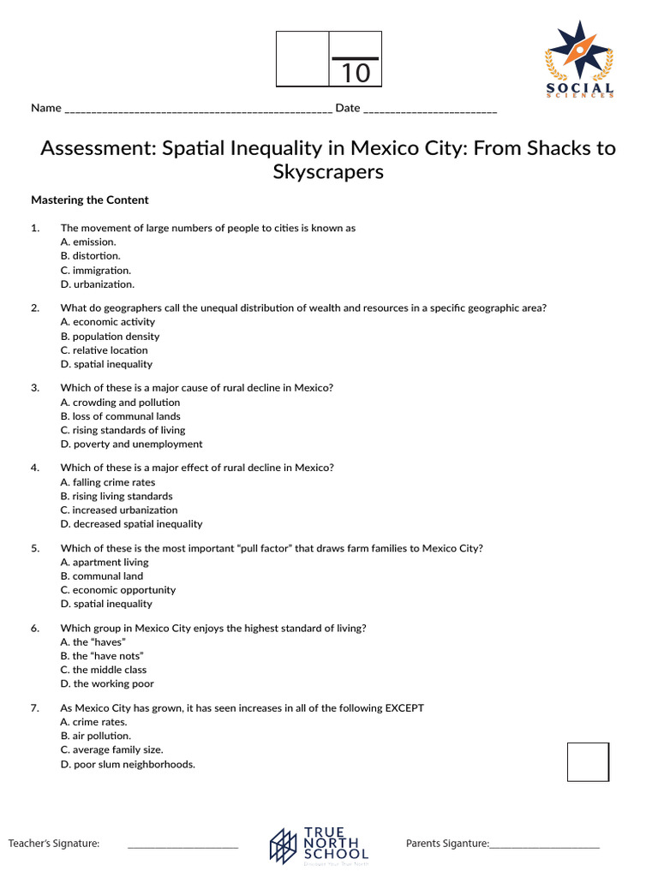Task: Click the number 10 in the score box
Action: pos(356,74)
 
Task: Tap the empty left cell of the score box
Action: pos(302,59)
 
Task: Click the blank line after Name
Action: pos(198,109)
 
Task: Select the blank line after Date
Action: pos(430,109)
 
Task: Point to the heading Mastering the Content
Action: pos(90,200)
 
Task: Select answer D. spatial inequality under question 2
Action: pos(106,364)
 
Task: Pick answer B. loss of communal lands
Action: pos(120,416)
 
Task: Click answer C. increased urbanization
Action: pos(119,510)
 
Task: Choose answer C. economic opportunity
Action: pos(117,590)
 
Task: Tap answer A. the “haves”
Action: pos(93,641)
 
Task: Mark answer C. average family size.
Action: pos(111,749)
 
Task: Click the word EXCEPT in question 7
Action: pos(404,708)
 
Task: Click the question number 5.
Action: pos(35,548)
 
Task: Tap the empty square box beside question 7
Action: pos(588,761)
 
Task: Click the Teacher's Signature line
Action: pos(182,844)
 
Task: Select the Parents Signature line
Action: pos(544,844)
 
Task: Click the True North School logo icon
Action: pos(284,845)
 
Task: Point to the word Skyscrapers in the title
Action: pos(328,171)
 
